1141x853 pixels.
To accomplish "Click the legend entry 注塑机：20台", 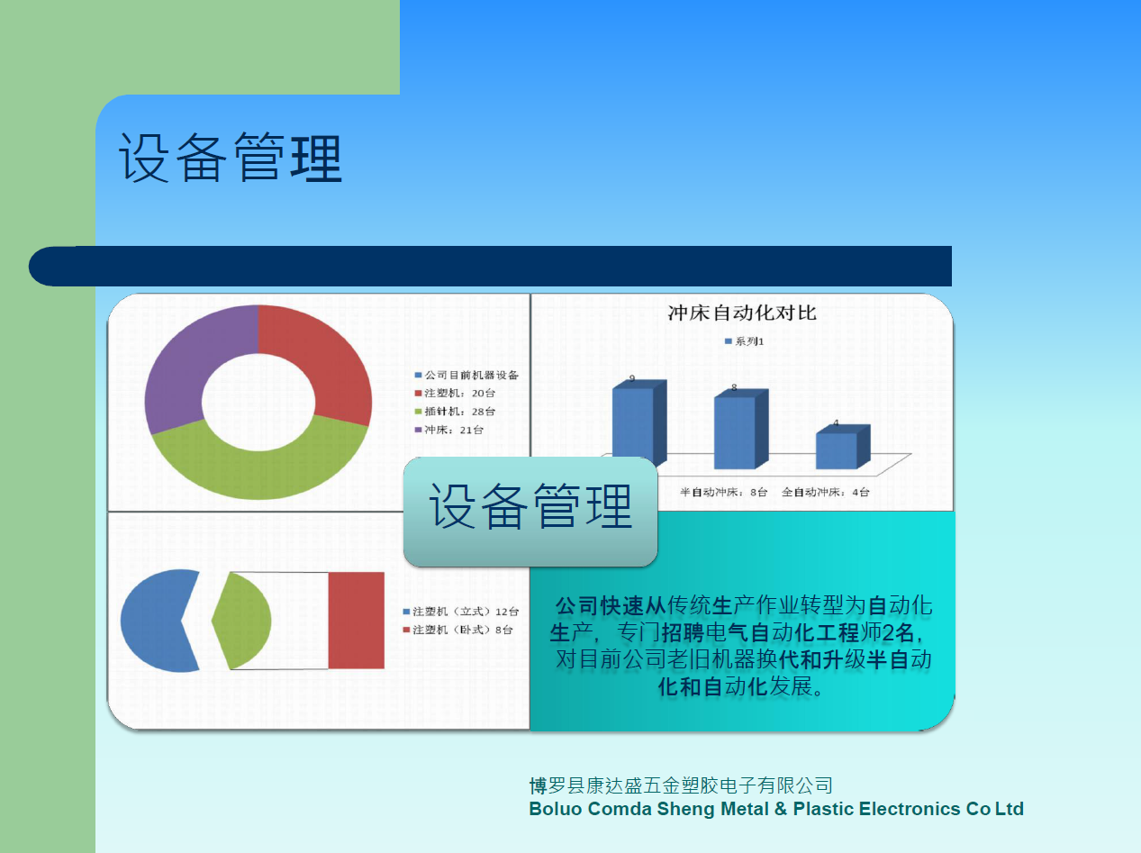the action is pos(455,393).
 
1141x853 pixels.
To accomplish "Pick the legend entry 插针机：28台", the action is pos(455,411).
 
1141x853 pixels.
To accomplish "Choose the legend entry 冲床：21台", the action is pos(449,430).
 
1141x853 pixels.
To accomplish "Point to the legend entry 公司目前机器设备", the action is pos(466,375).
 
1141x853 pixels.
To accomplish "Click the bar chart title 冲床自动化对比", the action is pos(742,313).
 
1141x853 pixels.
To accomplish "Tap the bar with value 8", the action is pos(741,429).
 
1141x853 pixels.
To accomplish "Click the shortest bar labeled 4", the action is pos(843,447).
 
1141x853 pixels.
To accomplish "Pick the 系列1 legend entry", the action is pos(745,341).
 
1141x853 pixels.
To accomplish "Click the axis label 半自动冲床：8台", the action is pos(723,492).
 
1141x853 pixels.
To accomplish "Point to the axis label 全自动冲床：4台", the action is pos(826,492).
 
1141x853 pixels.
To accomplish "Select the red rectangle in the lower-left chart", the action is pos(356,620).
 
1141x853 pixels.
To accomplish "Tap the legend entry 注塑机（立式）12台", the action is pos(461,612).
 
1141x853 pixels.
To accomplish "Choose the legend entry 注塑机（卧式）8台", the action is pos(458,630).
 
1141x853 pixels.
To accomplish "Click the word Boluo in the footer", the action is pos(555,809).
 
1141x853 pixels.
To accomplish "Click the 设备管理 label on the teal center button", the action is pos(530,506).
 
